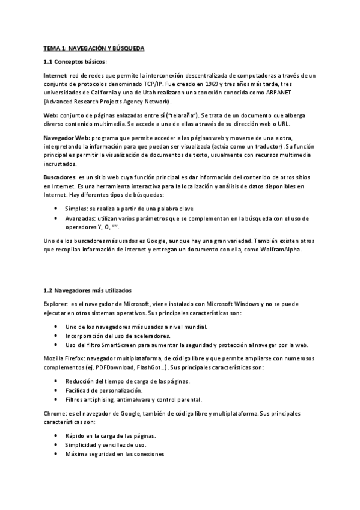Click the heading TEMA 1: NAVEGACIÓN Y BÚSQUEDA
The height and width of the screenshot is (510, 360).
[x=94, y=47]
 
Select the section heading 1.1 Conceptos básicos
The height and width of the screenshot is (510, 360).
[x=75, y=61]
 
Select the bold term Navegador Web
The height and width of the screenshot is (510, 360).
[x=66, y=138]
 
